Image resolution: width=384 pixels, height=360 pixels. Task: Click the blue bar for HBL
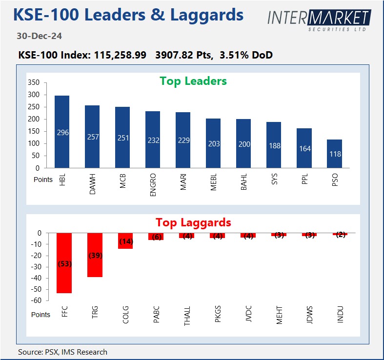[x=61, y=132]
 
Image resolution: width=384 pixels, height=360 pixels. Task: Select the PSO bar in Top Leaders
[x=335, y=154]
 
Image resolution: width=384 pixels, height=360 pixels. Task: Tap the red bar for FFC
[x=64, y=263]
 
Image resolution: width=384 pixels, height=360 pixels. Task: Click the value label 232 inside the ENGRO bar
[x=153, y=140]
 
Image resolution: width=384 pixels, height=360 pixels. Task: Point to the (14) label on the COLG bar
[x=125, y=241]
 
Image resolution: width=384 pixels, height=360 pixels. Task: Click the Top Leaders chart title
[x=193, y=81]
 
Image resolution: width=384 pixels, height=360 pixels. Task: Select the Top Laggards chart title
[x=193, y=222]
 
